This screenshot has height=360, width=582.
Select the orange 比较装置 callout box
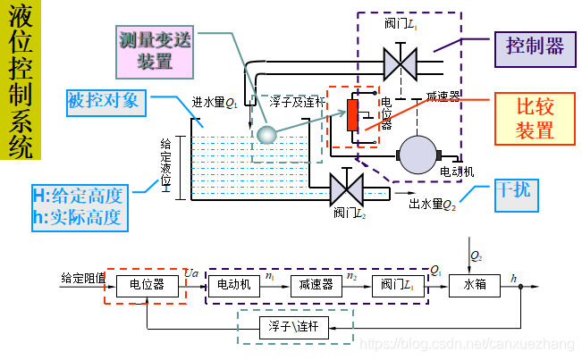pos(535,118)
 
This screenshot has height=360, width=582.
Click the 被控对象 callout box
pos(104,100)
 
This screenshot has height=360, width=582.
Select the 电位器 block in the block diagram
pos(147,285)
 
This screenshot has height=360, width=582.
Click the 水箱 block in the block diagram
pos(474,285)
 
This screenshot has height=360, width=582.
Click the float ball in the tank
pos(266,134)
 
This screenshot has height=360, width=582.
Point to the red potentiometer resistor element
pos(353,115)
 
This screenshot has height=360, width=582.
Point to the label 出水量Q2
pos(433,204)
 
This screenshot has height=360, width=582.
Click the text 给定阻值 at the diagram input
pos(83,277)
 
